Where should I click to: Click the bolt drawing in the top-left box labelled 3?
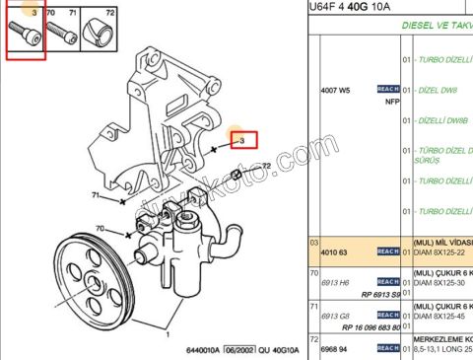[26, 36]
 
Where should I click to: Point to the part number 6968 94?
[336, 348]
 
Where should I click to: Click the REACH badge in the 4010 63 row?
[388, 252]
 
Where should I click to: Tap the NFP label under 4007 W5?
[391, 101]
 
